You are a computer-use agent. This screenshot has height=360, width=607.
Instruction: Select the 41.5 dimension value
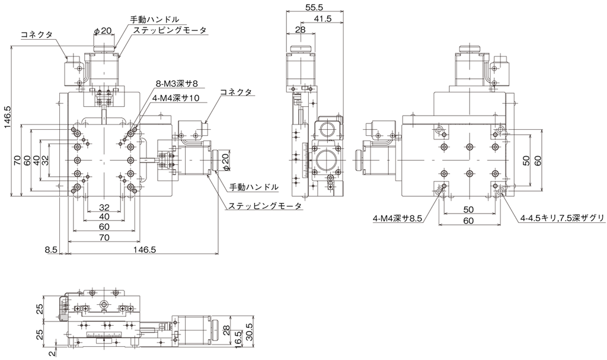pyautogui.click(x=323, y=18)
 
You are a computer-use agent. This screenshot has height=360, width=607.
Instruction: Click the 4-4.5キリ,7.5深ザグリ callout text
pyautogui.click(x=562, y=219)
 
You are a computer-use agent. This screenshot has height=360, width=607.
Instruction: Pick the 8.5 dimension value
pyautogui.click(x=51, y=250)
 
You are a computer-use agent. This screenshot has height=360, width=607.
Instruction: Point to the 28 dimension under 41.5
pyautogui.click(x=300, y=30)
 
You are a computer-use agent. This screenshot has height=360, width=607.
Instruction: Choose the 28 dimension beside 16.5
pyautogui.click(x=227, y=330)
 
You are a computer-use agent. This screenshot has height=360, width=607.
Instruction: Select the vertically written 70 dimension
pyautogui.click(x=17, y=161)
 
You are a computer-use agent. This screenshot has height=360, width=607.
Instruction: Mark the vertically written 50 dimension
pyautogui.click(x=525, y=161)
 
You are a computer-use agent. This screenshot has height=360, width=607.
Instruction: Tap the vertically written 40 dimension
pyautogui.click(x=36, y=161)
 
